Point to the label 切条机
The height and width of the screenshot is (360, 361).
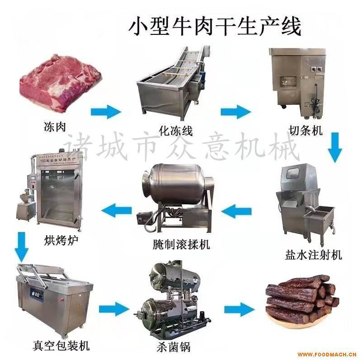click(x=306, y=131)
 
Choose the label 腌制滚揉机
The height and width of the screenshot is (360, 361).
click(x=181, y=245)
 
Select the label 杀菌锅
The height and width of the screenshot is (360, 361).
click(x=175, y=347)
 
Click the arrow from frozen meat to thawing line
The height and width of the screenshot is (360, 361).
click(x=106, y=111)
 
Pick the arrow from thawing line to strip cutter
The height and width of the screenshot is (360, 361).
click(x=235, y=111)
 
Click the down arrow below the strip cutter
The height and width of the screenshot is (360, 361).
click(x=335, y=147)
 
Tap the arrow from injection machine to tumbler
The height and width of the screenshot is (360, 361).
click(x=238, y=210)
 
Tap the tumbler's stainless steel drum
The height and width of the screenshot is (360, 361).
click(x=174, y=185)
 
